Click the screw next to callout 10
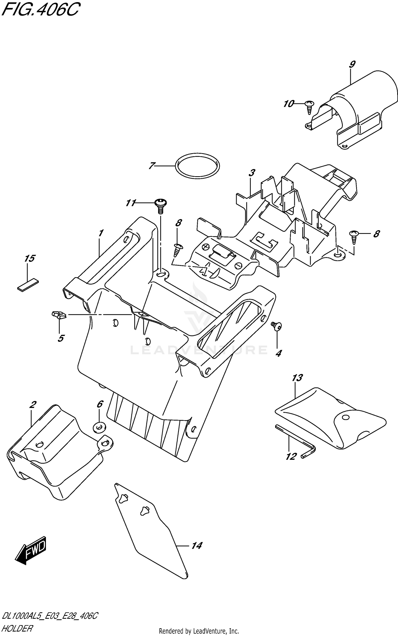click(x=309, y=107)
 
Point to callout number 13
click(x=297, y=378)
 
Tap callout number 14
click(x=197, y=545)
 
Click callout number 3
click(x=252, y=173)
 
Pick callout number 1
click(x=100, y=233)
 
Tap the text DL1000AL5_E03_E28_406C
click(x=50, y=616)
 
